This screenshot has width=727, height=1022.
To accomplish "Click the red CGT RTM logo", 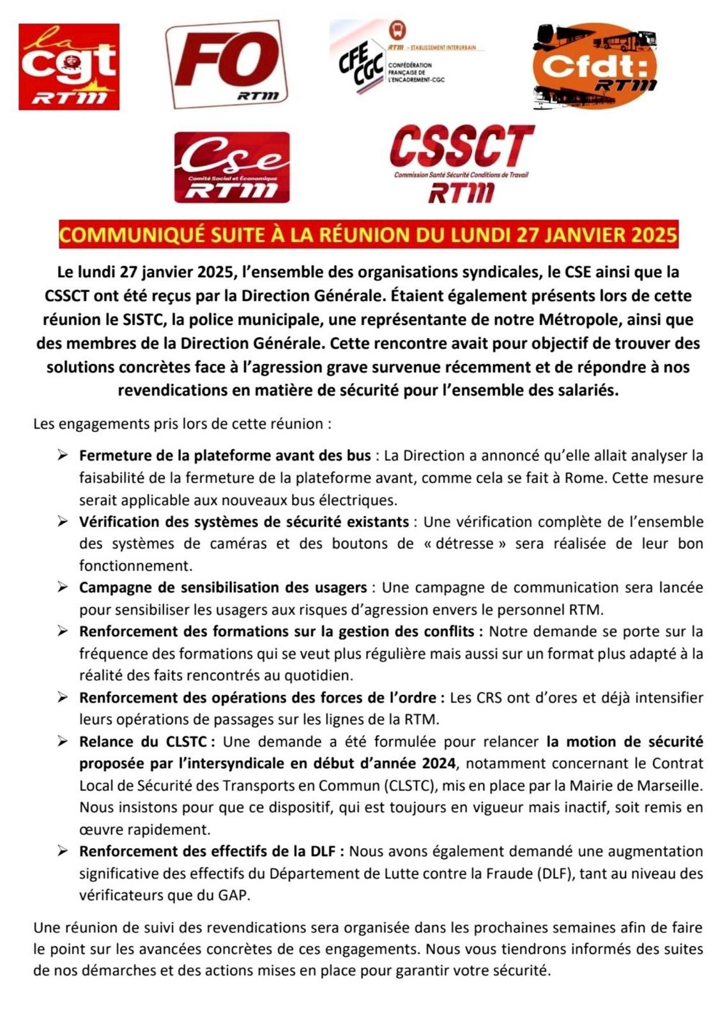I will [69, 67].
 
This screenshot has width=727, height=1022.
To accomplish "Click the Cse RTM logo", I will [231, 168].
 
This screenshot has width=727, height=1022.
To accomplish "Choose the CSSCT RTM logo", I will [461, 164].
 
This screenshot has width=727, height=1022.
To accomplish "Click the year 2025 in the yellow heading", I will [654, 235].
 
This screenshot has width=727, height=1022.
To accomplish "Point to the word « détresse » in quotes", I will [462, 544].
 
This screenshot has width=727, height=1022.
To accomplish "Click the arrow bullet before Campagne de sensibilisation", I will [62, 587].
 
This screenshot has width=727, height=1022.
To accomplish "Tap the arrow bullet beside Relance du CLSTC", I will [62, 742].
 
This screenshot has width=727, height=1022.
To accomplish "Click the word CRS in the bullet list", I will [489, 698].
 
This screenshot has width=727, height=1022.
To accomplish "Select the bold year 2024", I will [438, 763].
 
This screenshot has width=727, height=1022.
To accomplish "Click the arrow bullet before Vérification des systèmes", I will [62, 521].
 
